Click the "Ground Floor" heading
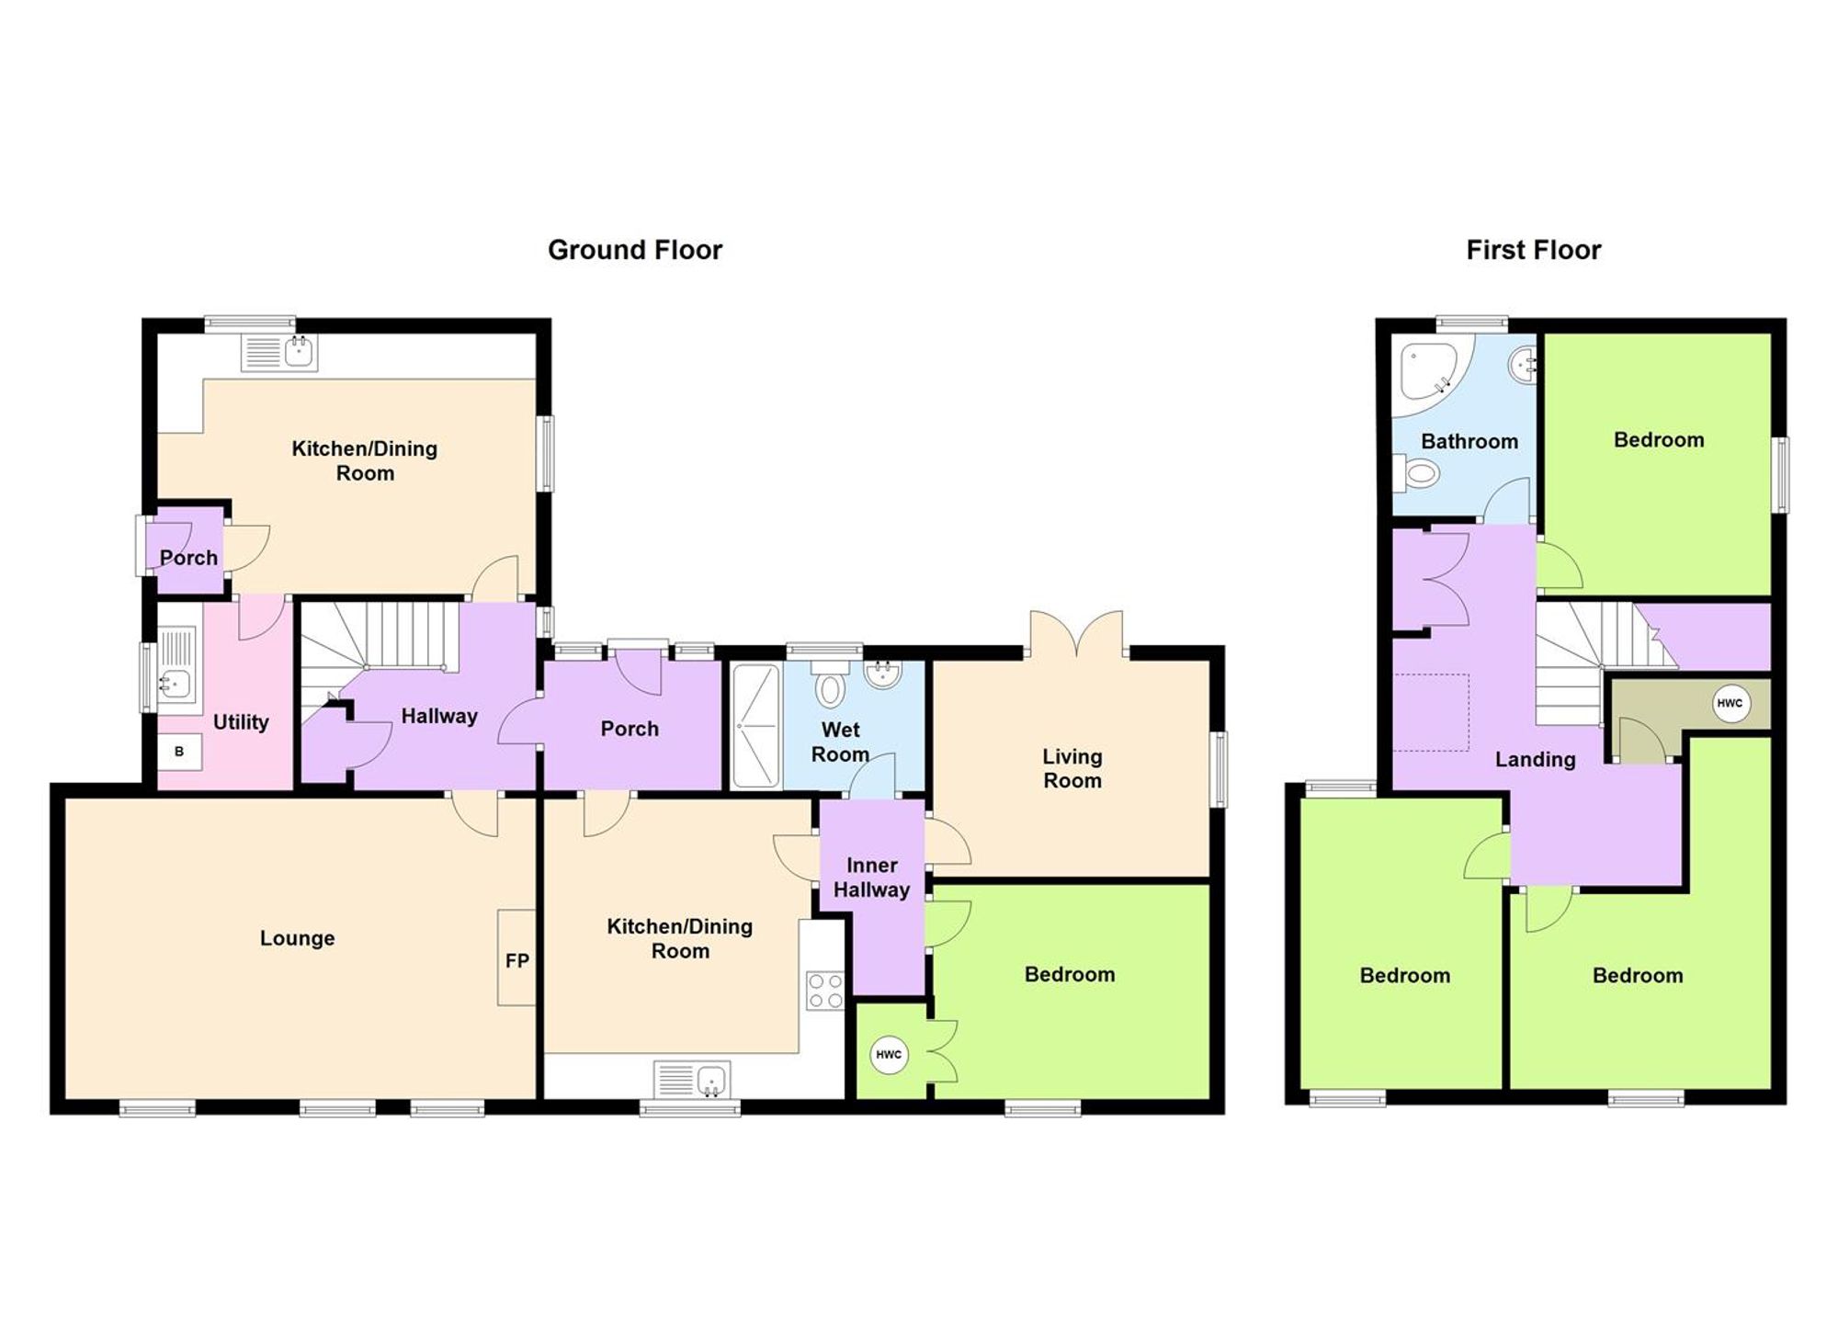(634, 250)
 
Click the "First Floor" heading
(1533, 250)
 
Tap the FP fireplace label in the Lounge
(516, 960)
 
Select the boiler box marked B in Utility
(179, 752)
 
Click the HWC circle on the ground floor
(888, 1054)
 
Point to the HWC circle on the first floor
(1729, 704)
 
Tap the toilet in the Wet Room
(830, 687)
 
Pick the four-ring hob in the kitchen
(824, 991)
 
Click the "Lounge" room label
(297, 938)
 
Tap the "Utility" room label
(241, 722)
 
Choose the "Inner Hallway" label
(871, 878)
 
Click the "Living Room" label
(1072, 768)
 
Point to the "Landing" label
(1535, 759)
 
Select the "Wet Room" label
(840, 742)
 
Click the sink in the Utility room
(176, 682)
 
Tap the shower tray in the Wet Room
(755, 726)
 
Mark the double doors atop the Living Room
(1076, 634)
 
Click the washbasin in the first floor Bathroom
(1522, 366)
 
